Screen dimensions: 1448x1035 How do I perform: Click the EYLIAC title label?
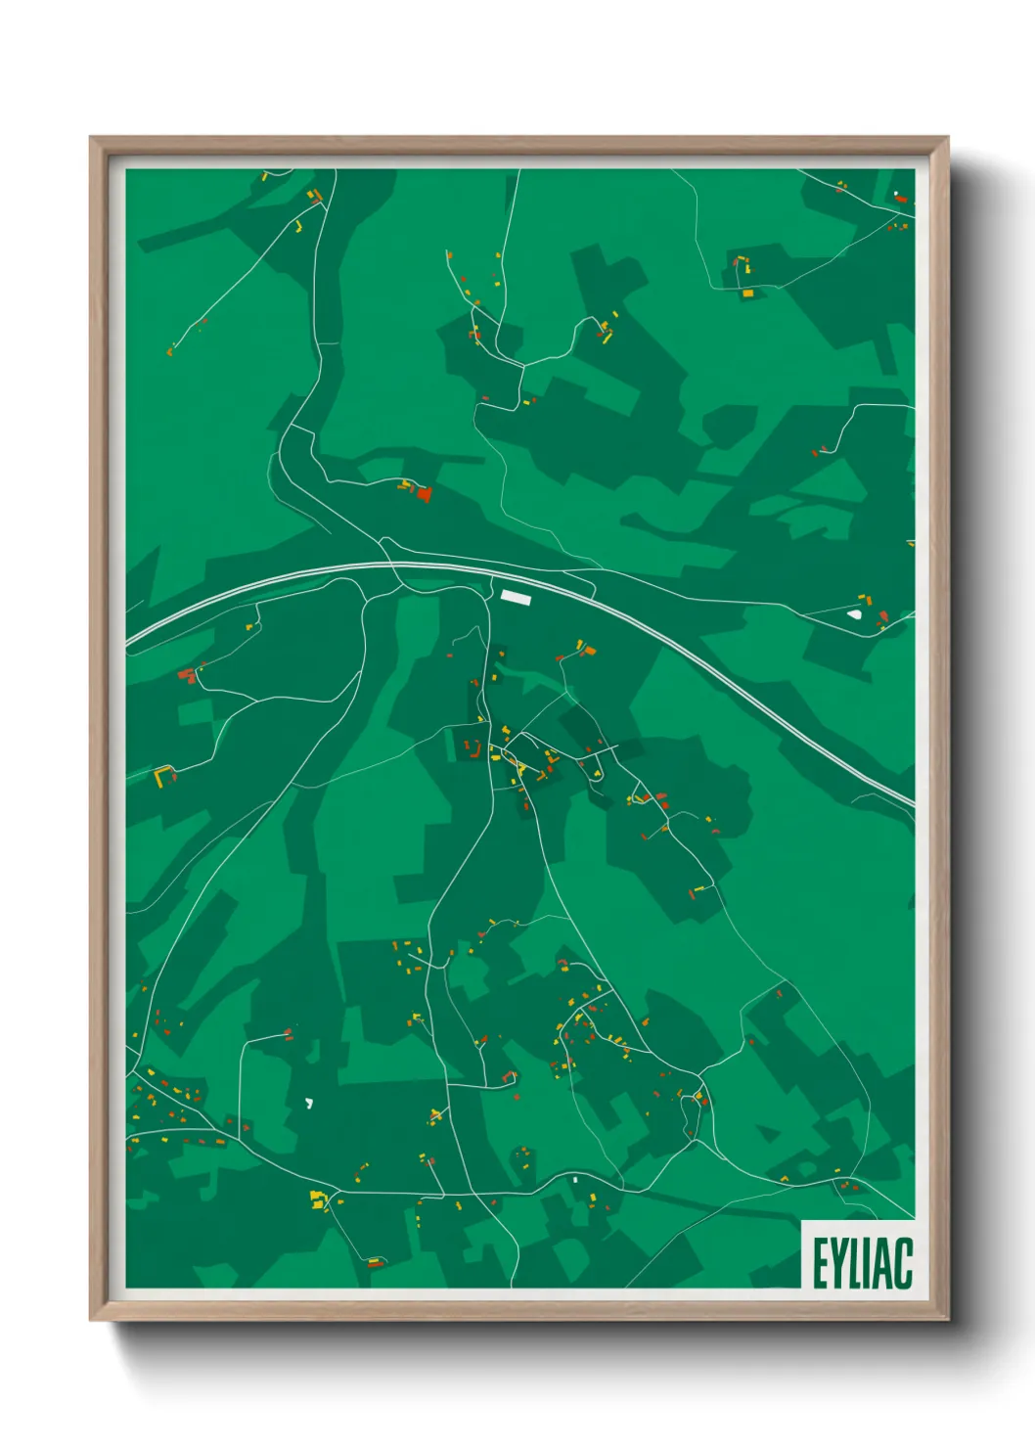(862, 1263)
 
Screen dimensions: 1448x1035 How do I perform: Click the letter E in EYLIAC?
(819, 1263)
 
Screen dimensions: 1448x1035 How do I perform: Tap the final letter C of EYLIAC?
(903, 1263)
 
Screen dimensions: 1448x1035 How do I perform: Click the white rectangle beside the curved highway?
(515, 595)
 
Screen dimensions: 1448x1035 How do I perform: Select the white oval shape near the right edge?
(856, 615)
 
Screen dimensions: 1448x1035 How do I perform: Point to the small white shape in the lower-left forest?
(309, 1103)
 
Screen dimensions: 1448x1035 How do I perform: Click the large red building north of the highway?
(424, 494)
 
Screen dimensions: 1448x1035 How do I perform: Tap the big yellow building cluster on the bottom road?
(317, 1199)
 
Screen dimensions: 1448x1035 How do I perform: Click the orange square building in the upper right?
(747, 293)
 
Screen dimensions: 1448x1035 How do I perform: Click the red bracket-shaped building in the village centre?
(472, 750)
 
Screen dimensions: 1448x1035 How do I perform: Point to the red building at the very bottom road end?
(373, 1263)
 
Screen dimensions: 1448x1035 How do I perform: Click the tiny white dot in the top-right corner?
(896, 193)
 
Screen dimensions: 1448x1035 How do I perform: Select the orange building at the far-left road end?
(170, 349)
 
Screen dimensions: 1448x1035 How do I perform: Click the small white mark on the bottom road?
(575, 1180)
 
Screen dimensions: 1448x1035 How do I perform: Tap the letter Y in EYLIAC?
(838, 1263)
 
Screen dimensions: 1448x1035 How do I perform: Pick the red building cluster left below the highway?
(186, 674)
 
